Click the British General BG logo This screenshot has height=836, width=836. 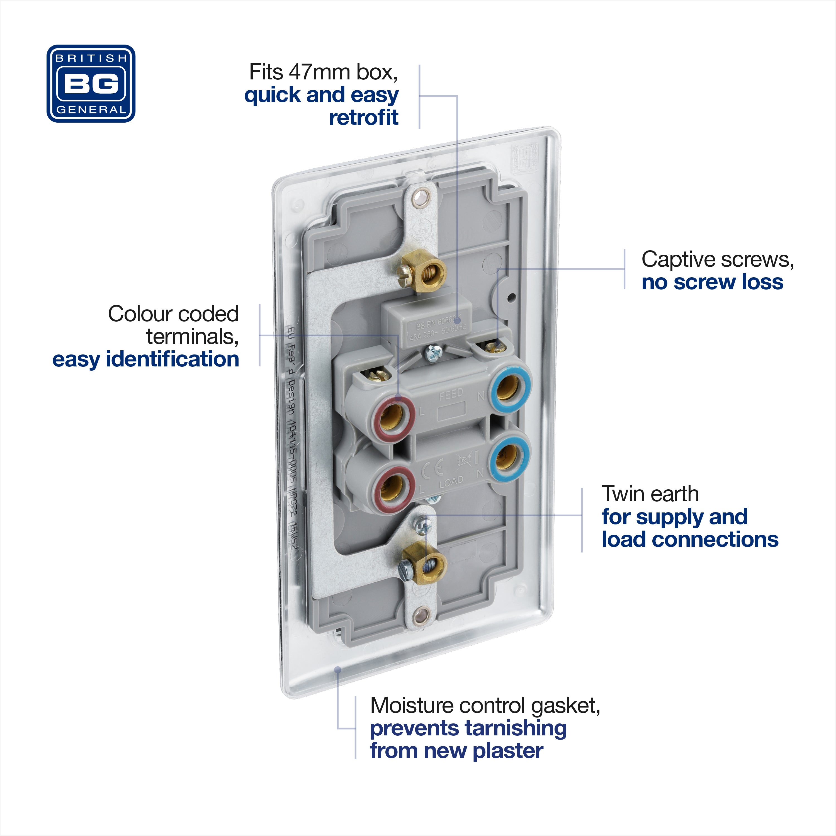click(x=91, y=84)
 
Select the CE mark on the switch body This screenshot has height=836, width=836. click(x=432, y=469)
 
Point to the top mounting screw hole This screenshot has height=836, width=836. click(x=419, y=199)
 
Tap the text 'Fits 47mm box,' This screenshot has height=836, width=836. click(x=323, y=72)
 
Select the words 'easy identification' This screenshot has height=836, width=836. click(x=145, y=359)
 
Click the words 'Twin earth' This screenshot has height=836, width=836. click(x=650, y=494)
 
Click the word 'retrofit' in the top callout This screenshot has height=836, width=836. click(x=363, y=117)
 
